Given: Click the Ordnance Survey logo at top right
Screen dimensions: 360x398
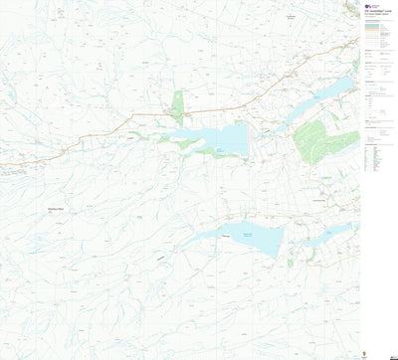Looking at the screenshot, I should [366, 5].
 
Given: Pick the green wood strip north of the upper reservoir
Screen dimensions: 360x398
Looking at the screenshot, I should [177, 104].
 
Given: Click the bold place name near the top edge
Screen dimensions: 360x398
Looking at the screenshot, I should [291, 17].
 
